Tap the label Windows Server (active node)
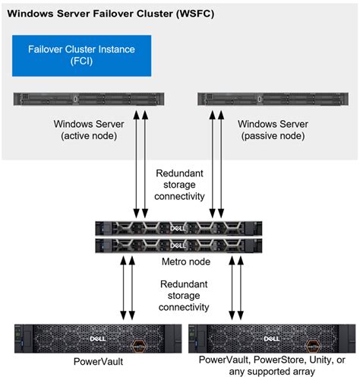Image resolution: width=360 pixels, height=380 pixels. pos(84,130)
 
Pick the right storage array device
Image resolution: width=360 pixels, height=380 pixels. pos(270,335)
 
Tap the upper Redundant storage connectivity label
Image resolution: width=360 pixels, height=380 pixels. pos(180,185)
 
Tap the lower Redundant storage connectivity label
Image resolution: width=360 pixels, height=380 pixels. pos(180,296)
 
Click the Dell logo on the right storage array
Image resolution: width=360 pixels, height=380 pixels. pos(270,335)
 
